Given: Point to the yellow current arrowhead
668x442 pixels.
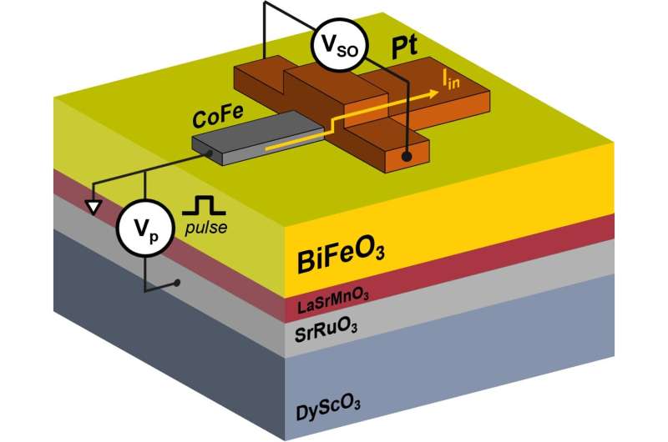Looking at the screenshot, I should (x=433, y=96).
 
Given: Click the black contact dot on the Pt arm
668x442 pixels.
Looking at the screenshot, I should (x=406, y=157).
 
